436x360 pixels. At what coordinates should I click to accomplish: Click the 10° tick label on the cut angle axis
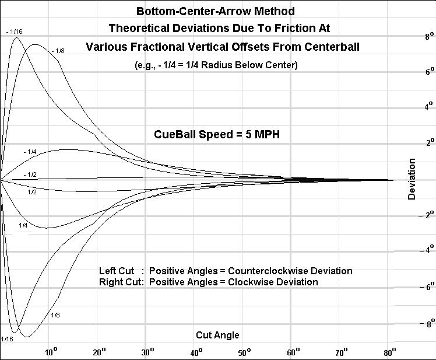tap(51, 351)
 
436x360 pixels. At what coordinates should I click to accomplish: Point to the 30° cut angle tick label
tap(148, 351)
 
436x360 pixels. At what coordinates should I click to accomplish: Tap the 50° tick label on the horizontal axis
tap(245, 351)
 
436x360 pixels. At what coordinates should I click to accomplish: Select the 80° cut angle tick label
tap(390, 351)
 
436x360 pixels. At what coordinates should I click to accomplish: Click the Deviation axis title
tap(412, 179)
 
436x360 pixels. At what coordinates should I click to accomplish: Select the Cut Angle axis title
tap(217, 335)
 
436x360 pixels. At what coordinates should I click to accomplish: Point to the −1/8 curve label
tap(58, 51)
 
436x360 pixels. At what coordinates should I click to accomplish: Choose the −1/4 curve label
tap(30, 152)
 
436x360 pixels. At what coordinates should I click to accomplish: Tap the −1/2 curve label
tap(30, 174)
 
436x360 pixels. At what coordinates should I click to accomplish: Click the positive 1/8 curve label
tap(55, 316)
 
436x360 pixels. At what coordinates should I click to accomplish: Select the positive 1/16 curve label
tap(8, 339)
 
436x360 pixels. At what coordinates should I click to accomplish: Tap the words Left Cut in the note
tap(117, 271)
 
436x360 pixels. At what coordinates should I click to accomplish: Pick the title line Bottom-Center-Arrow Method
tap(215, 11)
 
